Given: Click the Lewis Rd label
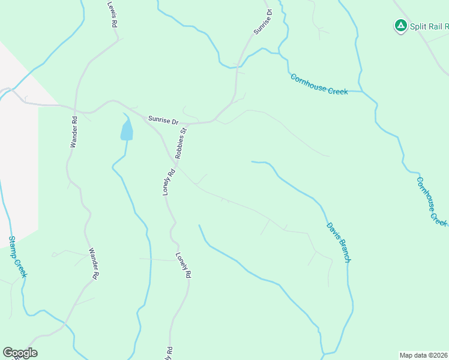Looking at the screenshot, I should pos(112,14).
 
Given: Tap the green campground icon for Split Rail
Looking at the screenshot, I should pos(400,25).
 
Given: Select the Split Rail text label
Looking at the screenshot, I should pos(429,26).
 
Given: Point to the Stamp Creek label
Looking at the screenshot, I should pos(17,256).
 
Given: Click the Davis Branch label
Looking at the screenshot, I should pos(338,242).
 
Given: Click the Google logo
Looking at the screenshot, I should pos(20,353).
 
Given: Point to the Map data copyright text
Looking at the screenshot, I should pos(424,355).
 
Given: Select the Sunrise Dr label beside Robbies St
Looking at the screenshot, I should pos(163,121).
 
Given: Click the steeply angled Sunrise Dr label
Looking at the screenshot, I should pos(263,22).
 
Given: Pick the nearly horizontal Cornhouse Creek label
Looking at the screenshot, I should pos(319,84).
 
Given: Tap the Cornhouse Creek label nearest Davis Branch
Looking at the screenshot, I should pos(431,201).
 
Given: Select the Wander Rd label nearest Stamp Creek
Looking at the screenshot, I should pos(93,263).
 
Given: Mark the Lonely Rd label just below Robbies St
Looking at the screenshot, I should pos(169,181).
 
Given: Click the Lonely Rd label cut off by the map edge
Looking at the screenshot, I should pos(169,353).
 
